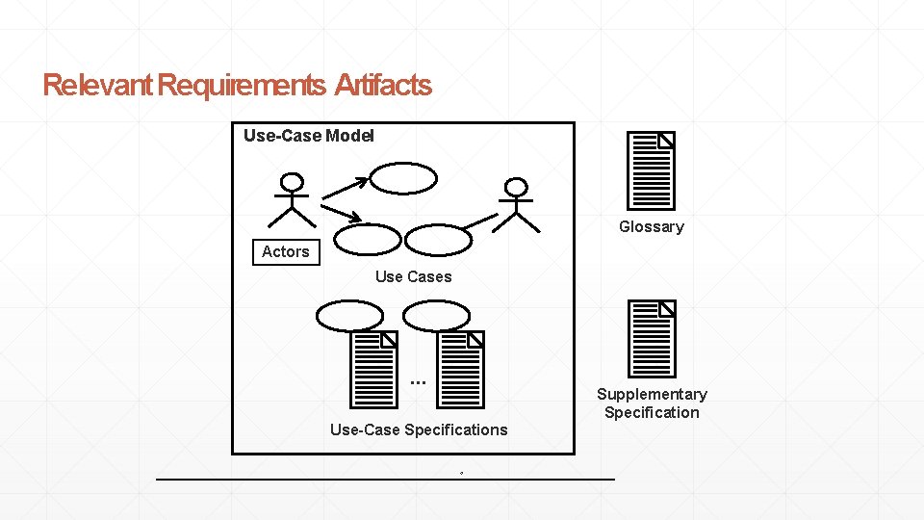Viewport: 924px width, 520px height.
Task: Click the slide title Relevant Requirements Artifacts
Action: (x=237, y=86)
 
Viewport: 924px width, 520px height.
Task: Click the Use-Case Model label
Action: (x=308, y=136)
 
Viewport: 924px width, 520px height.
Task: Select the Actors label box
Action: (x=286, y=252)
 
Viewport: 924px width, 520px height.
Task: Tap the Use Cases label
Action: (x=413, y=277)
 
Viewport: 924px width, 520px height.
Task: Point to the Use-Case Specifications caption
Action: (x=418, y=429)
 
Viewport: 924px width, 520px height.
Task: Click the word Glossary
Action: (x=651, y=227)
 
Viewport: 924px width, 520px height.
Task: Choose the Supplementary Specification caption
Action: (x=652, y=403)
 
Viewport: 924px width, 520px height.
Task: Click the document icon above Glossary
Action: (x=651, y=171)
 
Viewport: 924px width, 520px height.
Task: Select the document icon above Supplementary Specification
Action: (x=651, y=338)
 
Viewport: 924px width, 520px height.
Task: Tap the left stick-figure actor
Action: (x=291, y=200)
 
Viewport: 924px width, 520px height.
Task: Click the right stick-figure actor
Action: (x=517, y=205)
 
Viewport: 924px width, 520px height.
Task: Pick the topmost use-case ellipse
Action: (x=404, y=177)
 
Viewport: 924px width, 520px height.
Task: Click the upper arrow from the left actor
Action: (x=344, y=187)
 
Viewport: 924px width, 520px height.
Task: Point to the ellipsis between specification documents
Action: (x=417, y=382)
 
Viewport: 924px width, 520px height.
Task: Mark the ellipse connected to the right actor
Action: (x=438, y=239)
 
